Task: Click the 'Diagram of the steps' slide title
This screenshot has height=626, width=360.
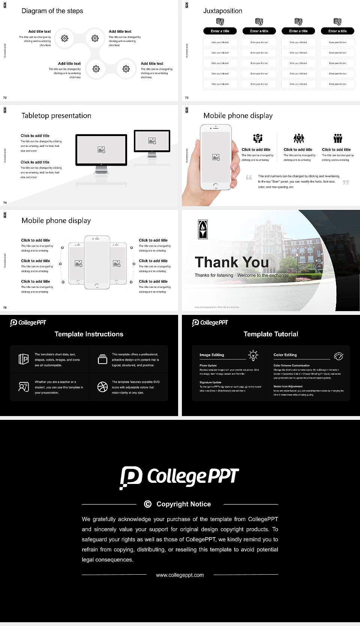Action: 52,11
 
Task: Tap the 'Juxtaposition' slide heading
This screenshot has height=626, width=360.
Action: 222,11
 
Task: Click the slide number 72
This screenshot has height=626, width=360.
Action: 5,98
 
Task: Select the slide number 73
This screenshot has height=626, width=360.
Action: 187,98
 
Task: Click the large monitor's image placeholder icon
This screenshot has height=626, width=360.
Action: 101,150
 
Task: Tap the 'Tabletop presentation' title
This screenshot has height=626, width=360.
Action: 56,115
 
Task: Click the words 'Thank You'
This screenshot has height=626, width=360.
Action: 231,262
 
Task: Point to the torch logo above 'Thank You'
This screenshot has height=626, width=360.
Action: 202,229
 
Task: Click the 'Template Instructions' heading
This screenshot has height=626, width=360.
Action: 89,334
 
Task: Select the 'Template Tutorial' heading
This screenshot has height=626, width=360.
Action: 271,334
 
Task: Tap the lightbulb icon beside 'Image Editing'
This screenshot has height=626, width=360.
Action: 253,355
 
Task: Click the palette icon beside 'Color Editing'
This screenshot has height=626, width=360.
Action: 339,356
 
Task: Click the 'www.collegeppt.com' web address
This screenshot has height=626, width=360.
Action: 180,575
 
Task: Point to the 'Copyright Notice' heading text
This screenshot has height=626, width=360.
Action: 183,504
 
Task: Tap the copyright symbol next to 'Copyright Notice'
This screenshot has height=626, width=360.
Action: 148,504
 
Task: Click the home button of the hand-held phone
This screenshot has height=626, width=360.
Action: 215,186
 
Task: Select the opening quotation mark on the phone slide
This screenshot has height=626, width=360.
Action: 249,178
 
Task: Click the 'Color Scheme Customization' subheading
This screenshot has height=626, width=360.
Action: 291,365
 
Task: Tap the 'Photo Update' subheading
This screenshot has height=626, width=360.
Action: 208,365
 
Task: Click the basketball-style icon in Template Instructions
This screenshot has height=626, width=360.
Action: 102,387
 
